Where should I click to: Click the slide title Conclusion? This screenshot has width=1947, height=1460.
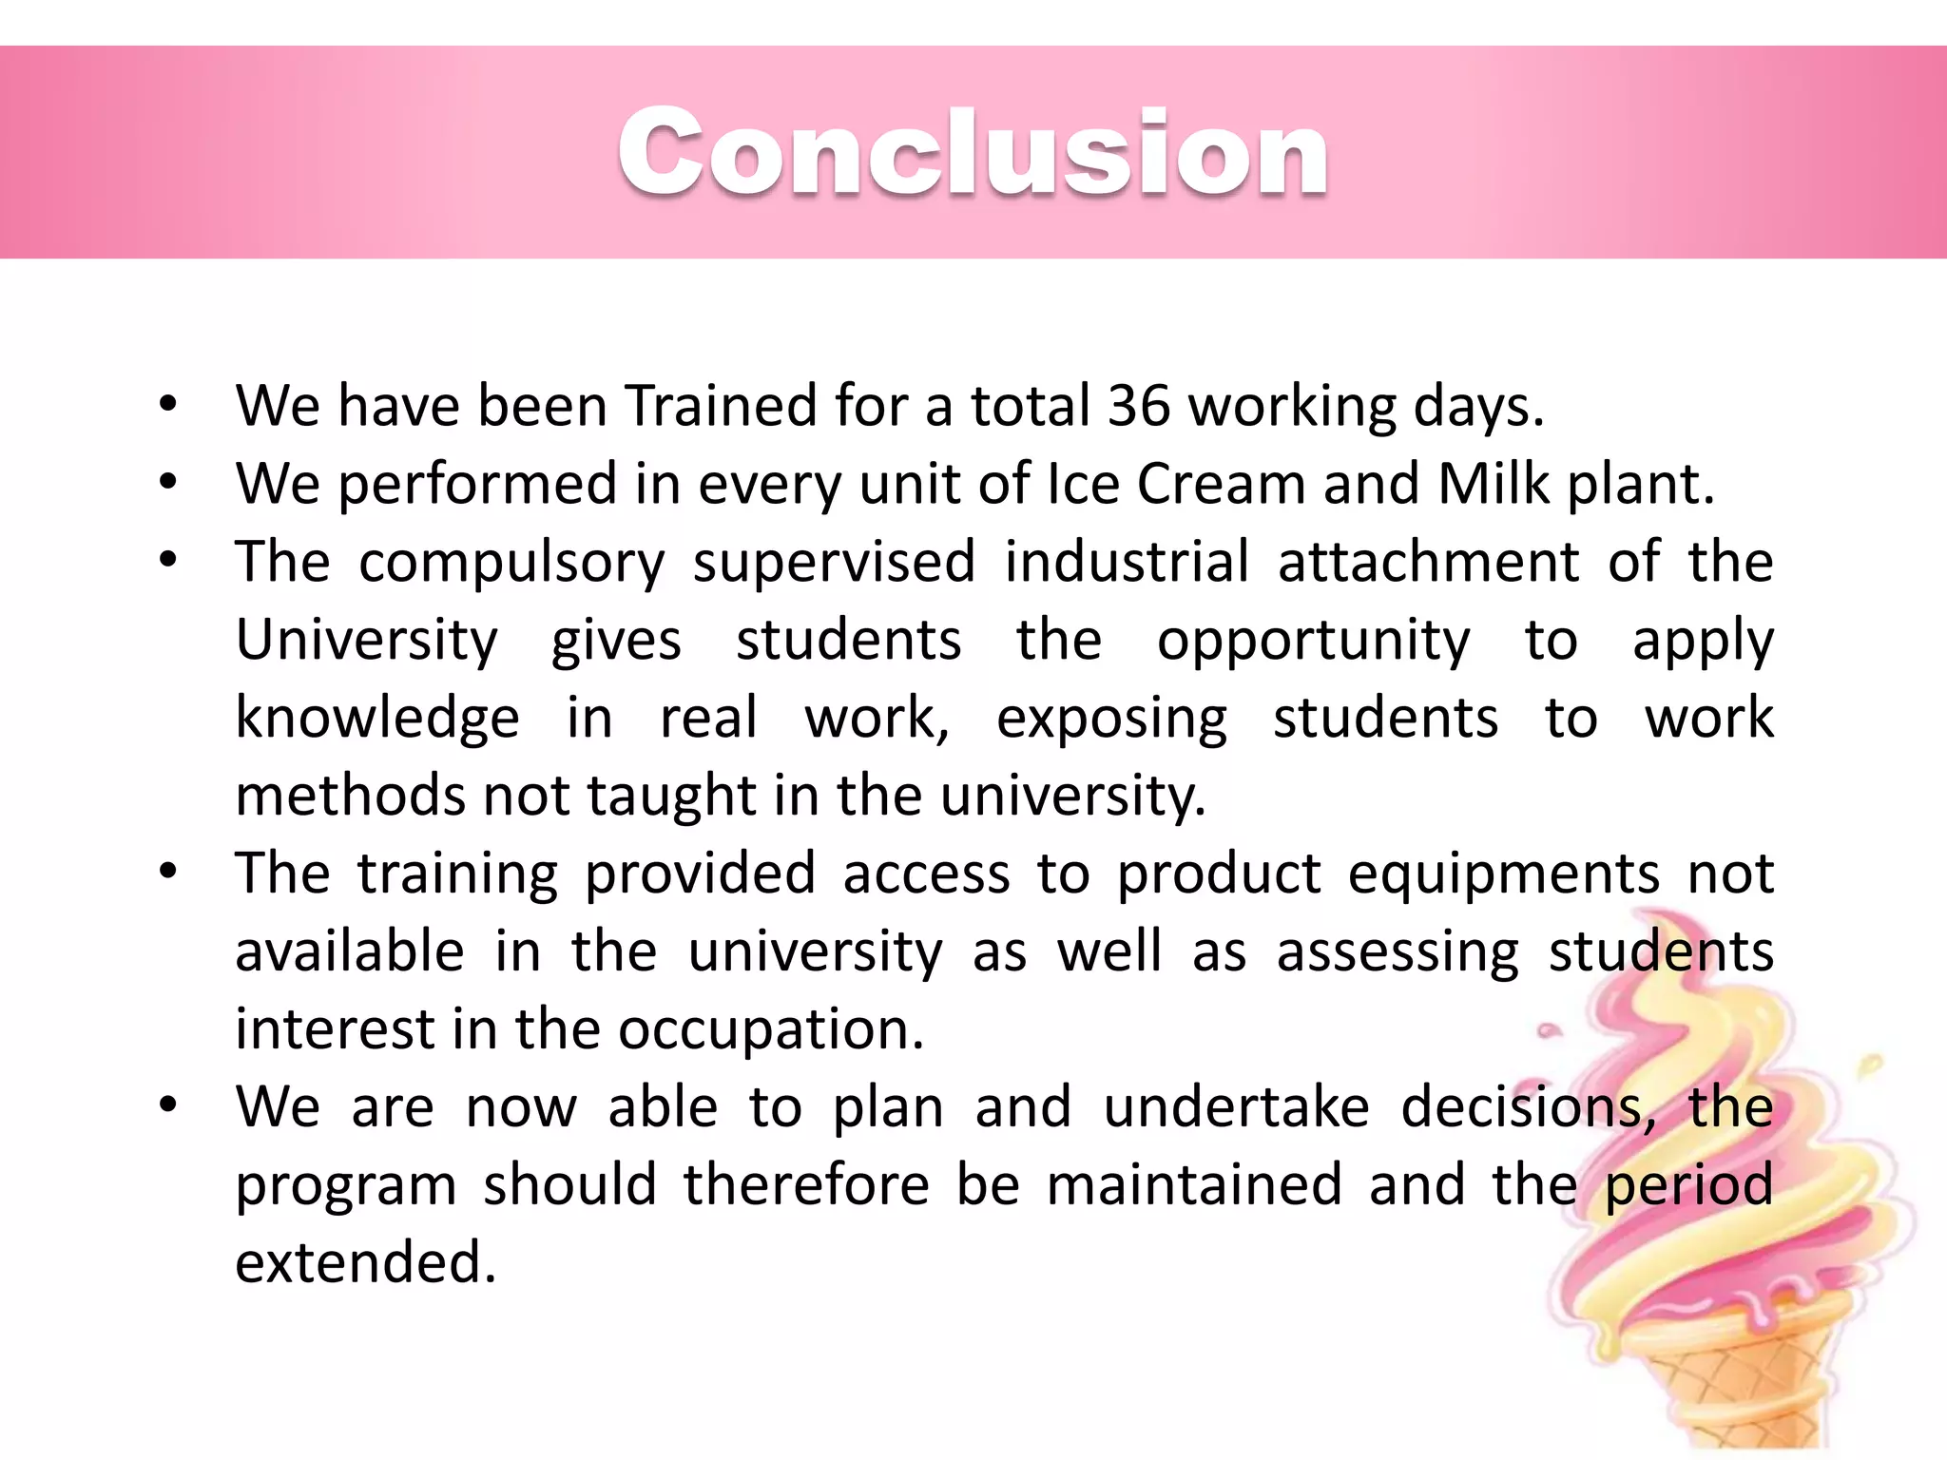973,152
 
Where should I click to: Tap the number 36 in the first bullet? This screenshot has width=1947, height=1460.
1138,406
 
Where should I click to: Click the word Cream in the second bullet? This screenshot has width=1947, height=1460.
1221,484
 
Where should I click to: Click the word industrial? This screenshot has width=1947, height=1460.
1127,562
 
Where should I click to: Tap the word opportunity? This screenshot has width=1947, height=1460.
1313,641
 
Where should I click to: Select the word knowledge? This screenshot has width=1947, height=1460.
376,718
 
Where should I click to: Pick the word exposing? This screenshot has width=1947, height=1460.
1111,719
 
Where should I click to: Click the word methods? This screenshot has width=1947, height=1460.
350,796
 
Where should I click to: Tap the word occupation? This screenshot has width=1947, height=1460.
770,1029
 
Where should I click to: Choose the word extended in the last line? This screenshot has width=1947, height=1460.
365,1263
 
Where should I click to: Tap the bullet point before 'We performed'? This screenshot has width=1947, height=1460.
168,483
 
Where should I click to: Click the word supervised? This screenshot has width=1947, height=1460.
834,562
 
